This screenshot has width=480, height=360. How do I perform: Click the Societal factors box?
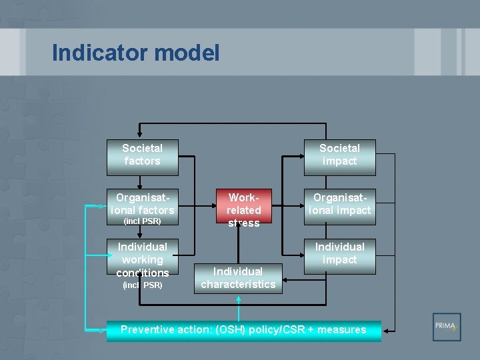tap(142, 155)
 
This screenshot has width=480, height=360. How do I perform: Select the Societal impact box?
tap(339, 155)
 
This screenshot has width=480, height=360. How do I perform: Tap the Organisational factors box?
tap(142, 205)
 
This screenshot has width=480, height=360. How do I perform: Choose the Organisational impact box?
tap(339, 205)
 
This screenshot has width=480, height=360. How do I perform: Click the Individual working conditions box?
tap(142, 259)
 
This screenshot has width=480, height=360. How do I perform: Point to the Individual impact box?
tap(339, 254)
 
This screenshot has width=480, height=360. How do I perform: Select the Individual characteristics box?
tap(238, 278)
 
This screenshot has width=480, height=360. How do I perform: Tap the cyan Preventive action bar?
tap(243, 330)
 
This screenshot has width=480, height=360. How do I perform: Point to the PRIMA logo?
tap(446, 327)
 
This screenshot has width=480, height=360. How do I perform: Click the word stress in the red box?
tap(244, 223)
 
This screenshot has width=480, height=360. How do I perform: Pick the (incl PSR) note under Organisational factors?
tap(142, 221)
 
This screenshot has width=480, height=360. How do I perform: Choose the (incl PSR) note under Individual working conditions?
tap(142, 285)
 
